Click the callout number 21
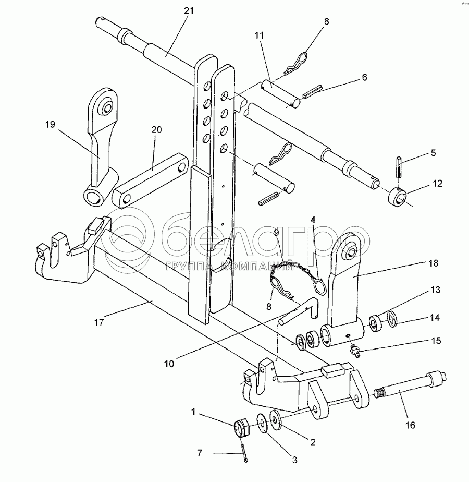tap(189, 11)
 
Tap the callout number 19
tap(50, 125)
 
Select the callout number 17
tap(99, 322)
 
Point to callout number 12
tap(437, 184)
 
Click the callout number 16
tap(410, 425)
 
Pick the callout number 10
tap(169, 364)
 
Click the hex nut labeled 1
tap(242, 429)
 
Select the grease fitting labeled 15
tap(355, 351)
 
